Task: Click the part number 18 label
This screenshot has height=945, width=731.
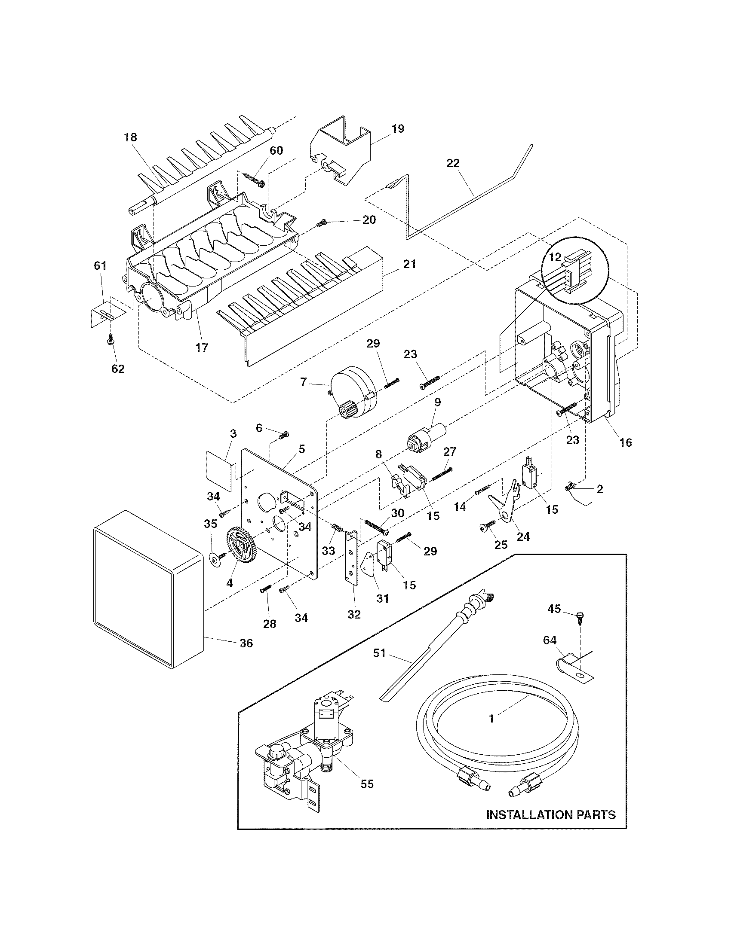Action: (130, 137)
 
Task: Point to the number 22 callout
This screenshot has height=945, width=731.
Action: (453, 163)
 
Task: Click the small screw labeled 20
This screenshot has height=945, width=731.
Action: (322, 223)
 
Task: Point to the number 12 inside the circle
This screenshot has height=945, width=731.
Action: (555, 257)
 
